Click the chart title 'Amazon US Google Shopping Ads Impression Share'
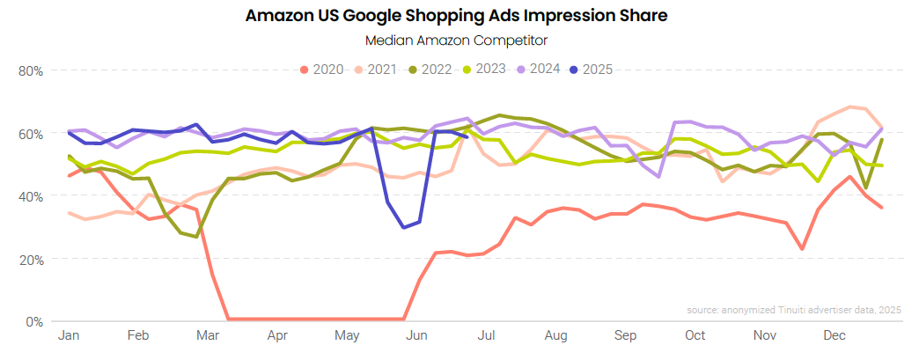[458, 16]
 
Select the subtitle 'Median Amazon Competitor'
[458, 40]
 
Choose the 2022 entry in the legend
[429, 70]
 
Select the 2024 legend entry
[535, 70]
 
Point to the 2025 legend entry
[590, 70]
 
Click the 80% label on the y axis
[31, 70]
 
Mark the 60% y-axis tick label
[31, 134]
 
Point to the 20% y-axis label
[31, 259]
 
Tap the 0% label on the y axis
[34, 321]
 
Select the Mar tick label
[208, 336]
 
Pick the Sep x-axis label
[625, 336]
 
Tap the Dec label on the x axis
[834, 336]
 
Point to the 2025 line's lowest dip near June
[404, 227]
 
